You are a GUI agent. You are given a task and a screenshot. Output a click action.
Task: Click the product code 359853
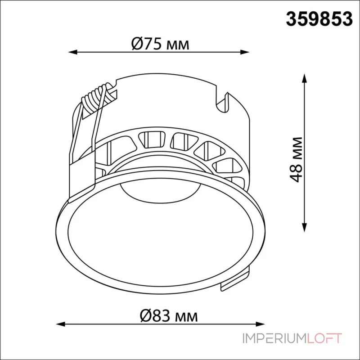[319, 19]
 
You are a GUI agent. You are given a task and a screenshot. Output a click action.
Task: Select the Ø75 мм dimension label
[160, 44]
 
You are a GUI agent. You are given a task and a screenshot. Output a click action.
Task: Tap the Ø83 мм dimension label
[169, 316]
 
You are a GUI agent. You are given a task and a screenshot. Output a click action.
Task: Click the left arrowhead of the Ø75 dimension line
[72, 52]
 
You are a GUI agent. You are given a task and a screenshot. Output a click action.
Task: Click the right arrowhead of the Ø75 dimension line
[245, 52]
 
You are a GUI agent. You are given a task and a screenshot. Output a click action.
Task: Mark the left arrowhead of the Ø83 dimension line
[60, 324]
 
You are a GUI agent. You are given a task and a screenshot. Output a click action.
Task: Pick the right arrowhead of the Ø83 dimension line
[261, 324]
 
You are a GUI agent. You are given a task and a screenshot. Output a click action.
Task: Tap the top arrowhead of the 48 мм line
[305, 78]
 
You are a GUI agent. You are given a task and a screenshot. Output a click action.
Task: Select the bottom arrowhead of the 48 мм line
[305, 228]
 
